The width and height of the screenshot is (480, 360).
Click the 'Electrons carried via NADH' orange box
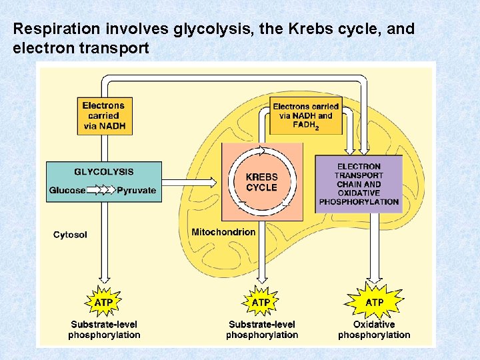pyautogui.click(x=103, y=116)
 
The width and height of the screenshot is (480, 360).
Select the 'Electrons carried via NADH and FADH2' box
pyautogui.click(x=305, y=116)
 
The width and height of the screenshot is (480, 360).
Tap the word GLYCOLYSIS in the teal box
pyautogui.click(x=103, y=171)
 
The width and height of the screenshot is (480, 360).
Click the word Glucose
pyautogui.click(x=67, y=190)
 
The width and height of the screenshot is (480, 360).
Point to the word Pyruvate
pyautogui.click(x=137, y=190)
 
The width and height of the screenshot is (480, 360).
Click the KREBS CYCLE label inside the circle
pyautogui.click(x=261, y=182)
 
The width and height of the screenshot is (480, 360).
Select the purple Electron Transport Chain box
pyautogui.click(x=359, y=184)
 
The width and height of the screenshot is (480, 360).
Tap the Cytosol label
pyautogui.click(x=70, y=235)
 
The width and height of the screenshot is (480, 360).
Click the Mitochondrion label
pyautogui.click(x=223, y=232)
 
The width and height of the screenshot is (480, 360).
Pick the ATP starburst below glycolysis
pyautogui.click(x=103, y=302)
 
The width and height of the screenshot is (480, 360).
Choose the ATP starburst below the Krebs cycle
pyautogui.click(x=261, y=302)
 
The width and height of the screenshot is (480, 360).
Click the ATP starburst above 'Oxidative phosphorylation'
pyautogui.click(x=374, y=302)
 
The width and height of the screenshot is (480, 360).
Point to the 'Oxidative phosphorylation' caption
pyautogui.click(x=374, y=330)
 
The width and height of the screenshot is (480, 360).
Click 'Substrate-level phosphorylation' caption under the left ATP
pyautogui.click(x=104, y=330)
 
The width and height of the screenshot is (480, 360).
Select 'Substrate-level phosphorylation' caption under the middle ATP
pyautogui.click(x=262, y=330)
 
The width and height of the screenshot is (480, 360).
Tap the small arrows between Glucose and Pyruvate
pyautogui.click(x=101, y=190)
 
